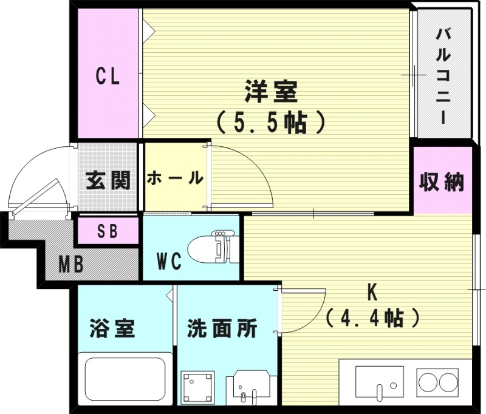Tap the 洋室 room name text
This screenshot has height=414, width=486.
pos(271,92)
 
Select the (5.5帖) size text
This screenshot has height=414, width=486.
pos(271,123)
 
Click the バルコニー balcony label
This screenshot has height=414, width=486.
pos(443,76)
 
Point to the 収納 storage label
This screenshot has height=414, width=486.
pos(442,182)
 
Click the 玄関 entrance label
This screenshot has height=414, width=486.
pos(108,180)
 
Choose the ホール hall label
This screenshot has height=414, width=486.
pos(175,178)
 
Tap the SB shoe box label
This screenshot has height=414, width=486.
pos(107,231)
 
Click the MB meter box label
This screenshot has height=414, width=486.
pos(72,265)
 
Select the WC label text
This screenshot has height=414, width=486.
pos(169,261)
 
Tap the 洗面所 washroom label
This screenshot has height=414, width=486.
pos(222,329)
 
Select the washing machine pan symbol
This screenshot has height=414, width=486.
pos(197,387)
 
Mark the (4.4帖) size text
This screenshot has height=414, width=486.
pos(372,316)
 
